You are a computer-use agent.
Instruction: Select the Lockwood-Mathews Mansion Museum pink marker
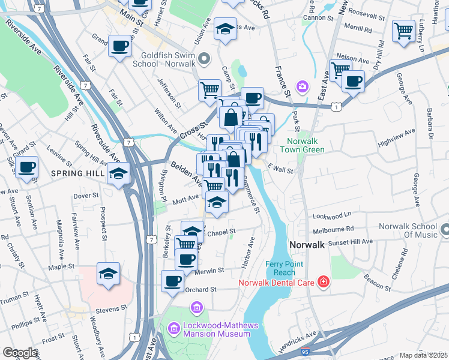coord(173,328)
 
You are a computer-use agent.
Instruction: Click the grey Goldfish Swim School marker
coord(205,59)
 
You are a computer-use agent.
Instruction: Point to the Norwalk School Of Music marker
coord(444,229)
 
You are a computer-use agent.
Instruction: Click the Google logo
coord(20,353)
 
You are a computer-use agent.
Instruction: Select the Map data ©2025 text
coord(423,355)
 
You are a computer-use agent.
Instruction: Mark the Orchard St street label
coord(200,289)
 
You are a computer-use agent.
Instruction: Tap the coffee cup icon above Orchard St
coord(173,280)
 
